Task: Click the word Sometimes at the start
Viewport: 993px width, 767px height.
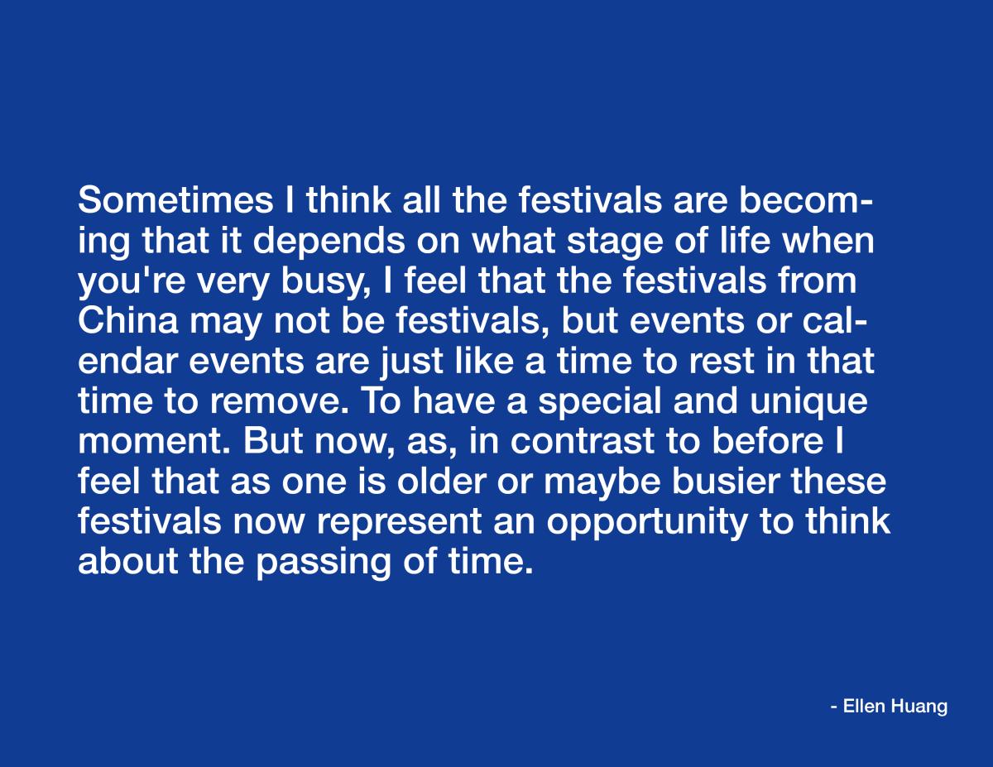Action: (175, 200)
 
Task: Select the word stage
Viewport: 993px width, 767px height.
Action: (614, 242)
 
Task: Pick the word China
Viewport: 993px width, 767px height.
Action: (128, 321)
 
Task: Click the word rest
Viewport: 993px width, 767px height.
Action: (721, 361)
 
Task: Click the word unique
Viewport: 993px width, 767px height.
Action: (808, 402)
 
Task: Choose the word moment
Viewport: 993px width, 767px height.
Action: (154, 442)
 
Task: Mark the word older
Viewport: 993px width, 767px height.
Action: (440, 482)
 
